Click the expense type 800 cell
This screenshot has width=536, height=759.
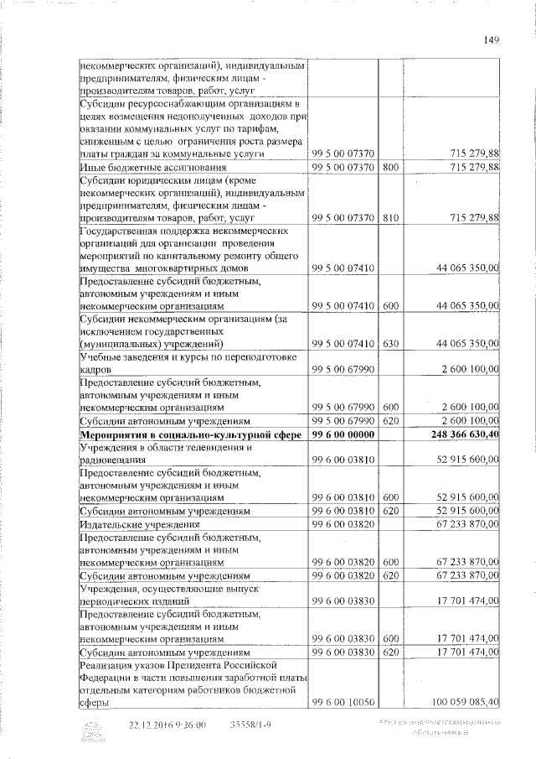pos(390,169)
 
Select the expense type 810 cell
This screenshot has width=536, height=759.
pos(390,217)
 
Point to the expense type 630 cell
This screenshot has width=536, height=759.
pos(390,344)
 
